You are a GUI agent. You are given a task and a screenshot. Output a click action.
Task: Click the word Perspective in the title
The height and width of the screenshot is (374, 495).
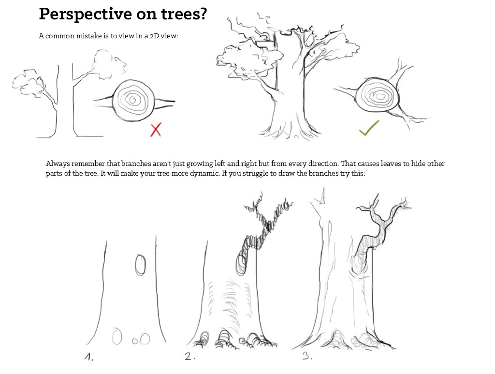85,14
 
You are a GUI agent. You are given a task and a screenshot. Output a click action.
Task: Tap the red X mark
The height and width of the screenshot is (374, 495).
156,129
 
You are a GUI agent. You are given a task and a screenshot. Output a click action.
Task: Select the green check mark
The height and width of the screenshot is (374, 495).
369,128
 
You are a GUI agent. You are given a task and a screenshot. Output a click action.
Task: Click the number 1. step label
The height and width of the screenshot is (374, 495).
89,357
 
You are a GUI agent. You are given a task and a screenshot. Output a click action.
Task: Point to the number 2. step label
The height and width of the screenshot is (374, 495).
189,357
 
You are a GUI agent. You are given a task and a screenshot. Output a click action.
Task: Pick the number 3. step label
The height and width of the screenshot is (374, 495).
307,356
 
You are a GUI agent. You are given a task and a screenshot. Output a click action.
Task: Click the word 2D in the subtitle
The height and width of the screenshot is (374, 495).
154,36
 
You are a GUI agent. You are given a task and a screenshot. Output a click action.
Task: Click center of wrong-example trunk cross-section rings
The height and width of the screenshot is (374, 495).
133,101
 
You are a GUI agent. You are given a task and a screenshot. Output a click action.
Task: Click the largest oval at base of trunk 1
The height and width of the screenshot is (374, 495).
117,336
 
